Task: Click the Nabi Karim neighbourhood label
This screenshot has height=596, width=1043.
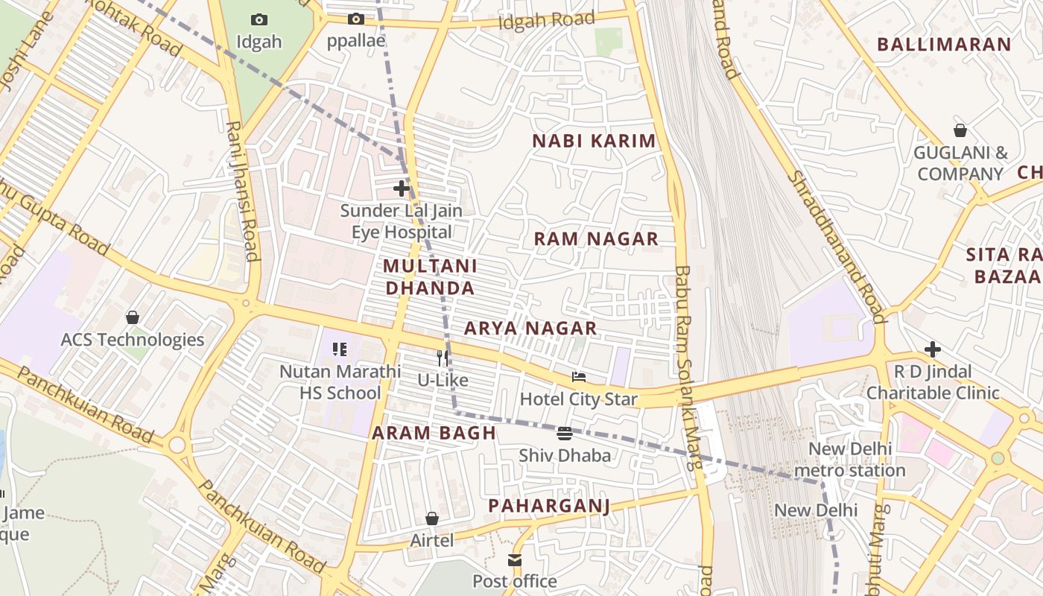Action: (594, 141)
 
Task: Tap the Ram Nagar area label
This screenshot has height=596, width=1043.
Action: (596, 239)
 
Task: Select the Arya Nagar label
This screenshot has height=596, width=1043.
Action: (530, 329)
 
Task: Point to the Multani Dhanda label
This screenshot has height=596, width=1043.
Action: (430, 277)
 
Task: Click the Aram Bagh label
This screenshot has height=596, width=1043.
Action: (434, 433)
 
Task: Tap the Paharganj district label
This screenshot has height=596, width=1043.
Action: (549, 507)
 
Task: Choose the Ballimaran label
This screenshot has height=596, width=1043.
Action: (943, 45)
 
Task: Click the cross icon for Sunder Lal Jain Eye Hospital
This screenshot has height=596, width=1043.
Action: (401, 188)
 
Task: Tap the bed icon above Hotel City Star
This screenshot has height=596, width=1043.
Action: (578, 377)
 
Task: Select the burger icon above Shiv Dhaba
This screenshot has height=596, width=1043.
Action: (564, 434)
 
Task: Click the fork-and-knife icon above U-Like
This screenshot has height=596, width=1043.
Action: (443, 358)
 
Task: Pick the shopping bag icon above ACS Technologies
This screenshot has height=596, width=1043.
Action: (133, 318)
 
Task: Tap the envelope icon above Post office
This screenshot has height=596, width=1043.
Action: (515, 560)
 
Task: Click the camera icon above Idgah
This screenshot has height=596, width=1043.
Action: (259, 19)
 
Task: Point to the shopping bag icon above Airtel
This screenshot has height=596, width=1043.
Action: (431, 519)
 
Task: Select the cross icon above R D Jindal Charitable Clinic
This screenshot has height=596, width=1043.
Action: (932, 349)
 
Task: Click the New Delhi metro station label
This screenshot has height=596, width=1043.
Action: (849, 460)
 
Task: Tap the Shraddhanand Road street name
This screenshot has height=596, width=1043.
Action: (837, 246)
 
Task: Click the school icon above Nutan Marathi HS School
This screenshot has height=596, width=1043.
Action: (340, 349)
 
